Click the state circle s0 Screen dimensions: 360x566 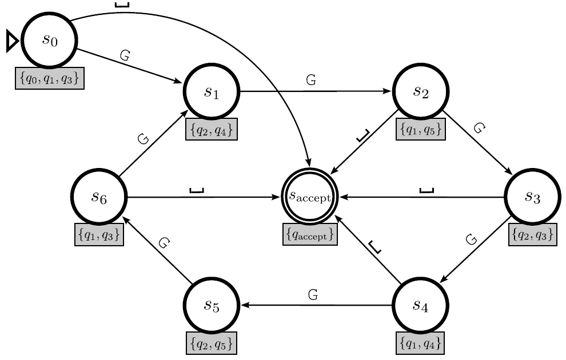pyautogui.click(x=49, y=41)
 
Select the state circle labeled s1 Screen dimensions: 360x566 pyautogui.click(x=212, y=91)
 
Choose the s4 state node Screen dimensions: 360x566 pyautogui.click(x=421, y=305)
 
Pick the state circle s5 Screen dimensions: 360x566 pyautogui.click(x=212, y=305)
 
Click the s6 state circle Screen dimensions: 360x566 pyautogui.click(x=99, y=197)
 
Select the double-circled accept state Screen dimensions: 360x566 pyautogui.click(x=310, y=197)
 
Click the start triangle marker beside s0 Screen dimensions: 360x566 pyautogui.click(x=12, y=41)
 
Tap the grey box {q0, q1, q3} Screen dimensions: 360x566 pyautogui.click(x=50, y=79)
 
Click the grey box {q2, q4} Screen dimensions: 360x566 pyautogui.click(x=212, y=130)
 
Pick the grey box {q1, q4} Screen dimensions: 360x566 pyautogui.click(x=420, y=343)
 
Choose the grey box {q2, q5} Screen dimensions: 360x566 pyautogui.click(x=212, y=343)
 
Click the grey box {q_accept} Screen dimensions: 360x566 pyautogui.click(x=310, y=235)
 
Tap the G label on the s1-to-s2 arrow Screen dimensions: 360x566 pyautogui.click(x=311, y=81)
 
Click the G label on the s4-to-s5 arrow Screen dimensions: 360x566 pyautogui.click(x=313, y=295)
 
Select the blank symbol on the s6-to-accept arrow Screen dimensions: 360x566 pyautogui.click(x=196, y=190)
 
